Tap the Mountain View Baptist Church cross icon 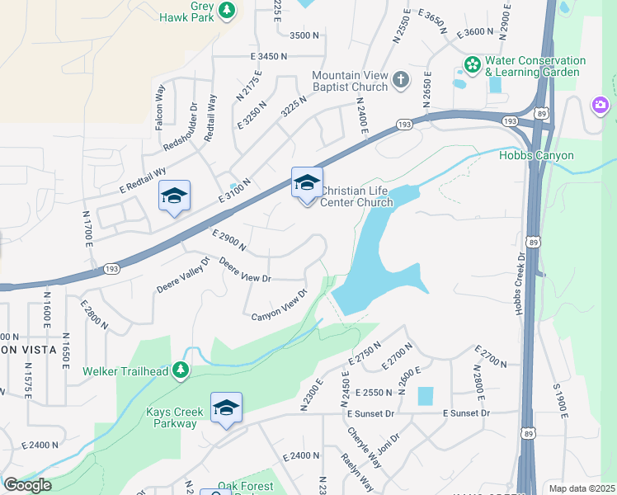[x=400, y=79]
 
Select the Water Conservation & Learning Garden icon [x=473, y=64]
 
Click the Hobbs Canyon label [x=536, y=155]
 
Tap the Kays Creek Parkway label [x=162, y=417]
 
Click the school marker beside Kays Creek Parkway [x=226, y=408]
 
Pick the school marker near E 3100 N [x=174, y=196]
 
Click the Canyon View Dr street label [x=279, y=304]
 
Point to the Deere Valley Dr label [x=184, y=277]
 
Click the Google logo [x=27, y=485]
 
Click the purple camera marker [x=601, y=105]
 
